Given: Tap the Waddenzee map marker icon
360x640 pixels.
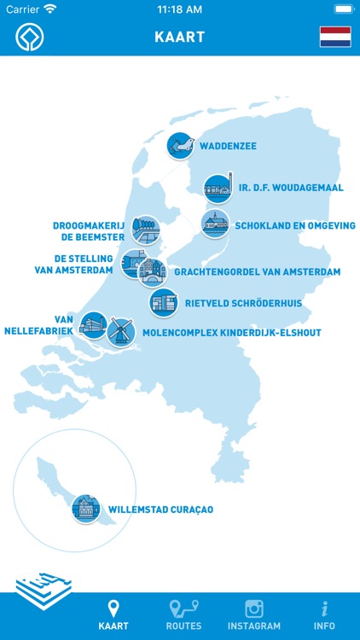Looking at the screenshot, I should tap(180, 145).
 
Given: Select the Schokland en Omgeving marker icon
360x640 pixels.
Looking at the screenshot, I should tap(215, 224).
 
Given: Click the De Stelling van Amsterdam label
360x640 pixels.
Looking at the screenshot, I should tap(78, 265).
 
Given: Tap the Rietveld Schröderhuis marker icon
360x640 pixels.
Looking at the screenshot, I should tap(163, 302).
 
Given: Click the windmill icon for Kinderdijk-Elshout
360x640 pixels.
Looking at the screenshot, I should tap(120, 331).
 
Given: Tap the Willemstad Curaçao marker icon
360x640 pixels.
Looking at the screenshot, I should tap(85, 509).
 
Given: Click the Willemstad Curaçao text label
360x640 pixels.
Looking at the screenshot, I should tap(160, 510).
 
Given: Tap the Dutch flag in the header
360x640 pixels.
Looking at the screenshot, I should tap(335, 37).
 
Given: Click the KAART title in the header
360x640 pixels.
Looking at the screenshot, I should tap(180, 38).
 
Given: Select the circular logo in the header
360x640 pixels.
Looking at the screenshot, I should tap(29, 37).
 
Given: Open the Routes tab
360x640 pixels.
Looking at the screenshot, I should tap(183, 615).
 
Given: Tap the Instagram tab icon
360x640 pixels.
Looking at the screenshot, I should tap(253, 609).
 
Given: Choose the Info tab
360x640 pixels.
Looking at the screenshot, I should tap(324, 615).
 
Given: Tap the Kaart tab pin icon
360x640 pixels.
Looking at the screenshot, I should tap(113, 609).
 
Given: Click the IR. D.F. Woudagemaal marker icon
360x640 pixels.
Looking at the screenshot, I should tap(218, 187).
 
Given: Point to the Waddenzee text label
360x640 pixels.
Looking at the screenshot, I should tap(229, 146).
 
